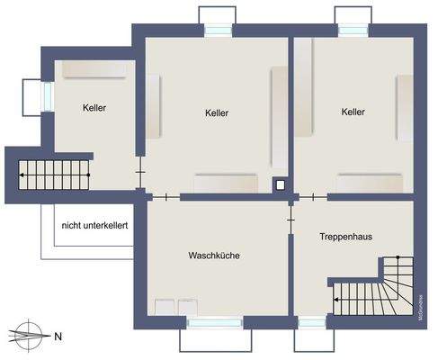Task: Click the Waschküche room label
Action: [214, 256]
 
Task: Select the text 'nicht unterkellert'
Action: [94, 225]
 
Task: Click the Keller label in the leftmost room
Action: [94, 108]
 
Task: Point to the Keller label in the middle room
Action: [216, 113]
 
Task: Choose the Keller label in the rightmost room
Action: [353, 112]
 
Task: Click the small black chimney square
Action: [282, 186]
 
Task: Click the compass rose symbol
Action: [29, 336]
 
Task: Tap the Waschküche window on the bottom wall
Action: [213, 320]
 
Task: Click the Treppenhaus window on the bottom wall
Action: [311, 320]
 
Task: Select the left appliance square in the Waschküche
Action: [165, 307]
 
